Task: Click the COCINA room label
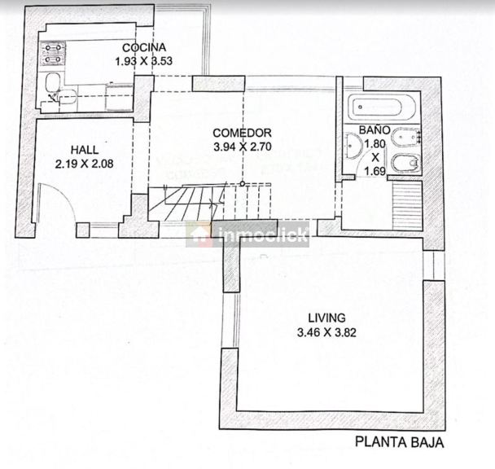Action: tap(144, 47)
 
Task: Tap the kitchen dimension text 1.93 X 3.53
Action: tap(143, 60)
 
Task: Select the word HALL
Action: tap(85, 150)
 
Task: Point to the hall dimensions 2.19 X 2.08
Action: tap(85, 164)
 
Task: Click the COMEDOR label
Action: tap(242, 133)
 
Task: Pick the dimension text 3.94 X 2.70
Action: tap(243, 147)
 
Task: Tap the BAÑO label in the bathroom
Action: tap(375, 129)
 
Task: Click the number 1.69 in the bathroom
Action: tap(375, 171)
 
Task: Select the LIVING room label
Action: tap(326, 318)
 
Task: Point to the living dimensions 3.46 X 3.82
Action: tap(326, 332)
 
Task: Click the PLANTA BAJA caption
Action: tap(400, 442)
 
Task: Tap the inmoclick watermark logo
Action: tap(247, 234)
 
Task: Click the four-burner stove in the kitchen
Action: tap(53, 54)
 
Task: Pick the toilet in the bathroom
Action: tap(405, 163)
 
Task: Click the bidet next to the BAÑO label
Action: tap(405, 138)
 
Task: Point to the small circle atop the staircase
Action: tap(242, 183)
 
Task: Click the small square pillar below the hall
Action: tap(83, 230)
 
